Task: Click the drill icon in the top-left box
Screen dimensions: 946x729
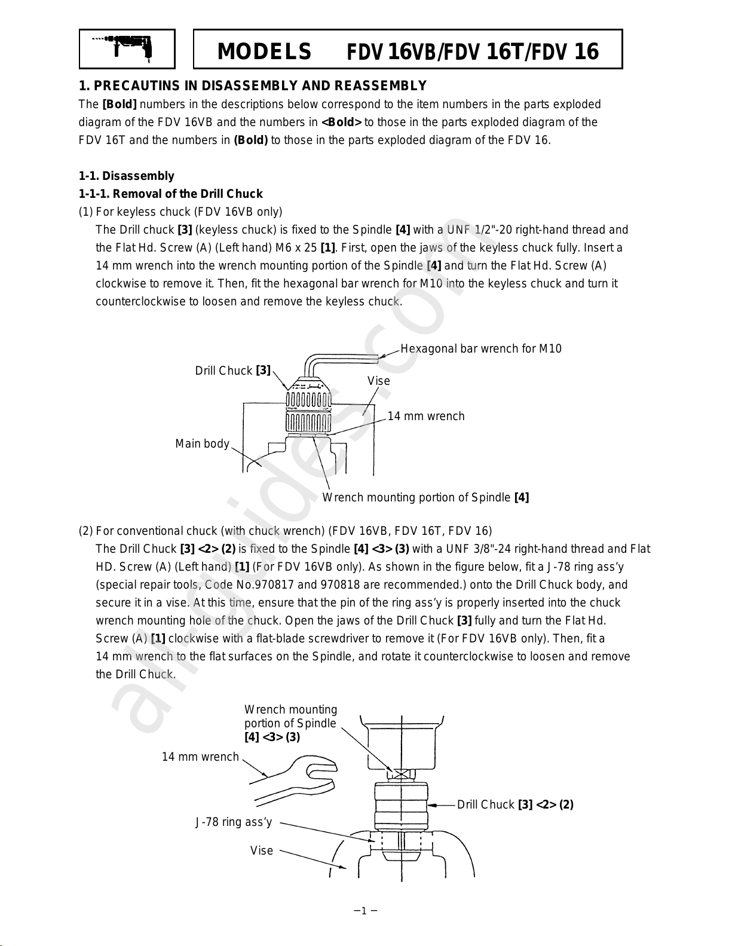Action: click(127, 48)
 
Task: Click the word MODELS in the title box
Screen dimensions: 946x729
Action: click(264, 52)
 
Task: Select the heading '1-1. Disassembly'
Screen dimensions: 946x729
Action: click(127, 176)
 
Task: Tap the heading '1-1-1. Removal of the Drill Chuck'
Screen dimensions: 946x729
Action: click(171, 194)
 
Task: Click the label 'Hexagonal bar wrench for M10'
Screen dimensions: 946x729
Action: click(481, 348)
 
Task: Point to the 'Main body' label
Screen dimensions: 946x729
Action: click(202, 443)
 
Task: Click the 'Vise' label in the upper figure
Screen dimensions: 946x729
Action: click(379, 381)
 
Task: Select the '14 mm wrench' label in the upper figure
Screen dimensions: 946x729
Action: click(426, 416)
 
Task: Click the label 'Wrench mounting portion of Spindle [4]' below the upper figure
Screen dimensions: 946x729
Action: click(425, 497)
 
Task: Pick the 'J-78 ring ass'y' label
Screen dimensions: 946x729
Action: click(234, 822)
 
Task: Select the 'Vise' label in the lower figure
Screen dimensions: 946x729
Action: click(262, 850)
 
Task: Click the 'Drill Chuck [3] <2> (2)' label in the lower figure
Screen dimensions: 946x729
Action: click(515, 804)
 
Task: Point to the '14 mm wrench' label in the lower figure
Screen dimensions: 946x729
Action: click(200, 757)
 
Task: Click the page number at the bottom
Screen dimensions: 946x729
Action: click(364, 911)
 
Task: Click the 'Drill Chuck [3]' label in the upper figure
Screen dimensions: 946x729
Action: click(233, 371)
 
